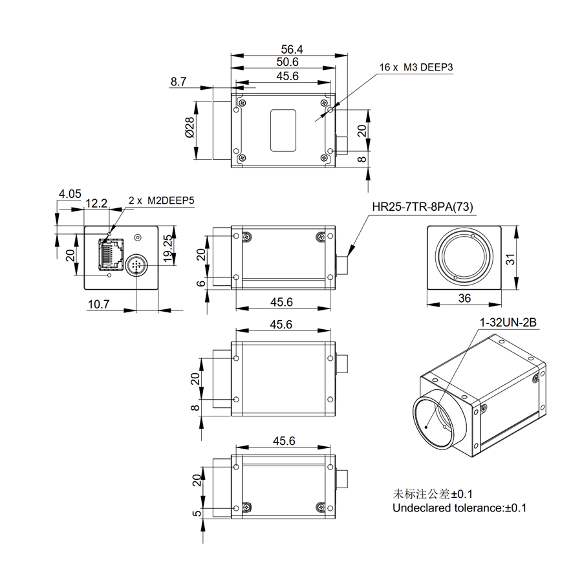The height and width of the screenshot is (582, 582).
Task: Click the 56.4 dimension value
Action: pos(292,48)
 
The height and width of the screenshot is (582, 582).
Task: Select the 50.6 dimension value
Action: pos(286,62)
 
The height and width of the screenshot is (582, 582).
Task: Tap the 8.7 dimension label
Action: pos(179,81)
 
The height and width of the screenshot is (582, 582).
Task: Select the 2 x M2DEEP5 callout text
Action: pos(162,201)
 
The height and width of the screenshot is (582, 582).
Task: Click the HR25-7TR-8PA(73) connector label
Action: pos(423,207)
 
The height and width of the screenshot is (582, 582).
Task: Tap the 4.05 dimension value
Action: pos(69,193)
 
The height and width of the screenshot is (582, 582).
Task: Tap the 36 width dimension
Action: pos(464,298)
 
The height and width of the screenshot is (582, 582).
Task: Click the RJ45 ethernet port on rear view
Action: pos(111,254)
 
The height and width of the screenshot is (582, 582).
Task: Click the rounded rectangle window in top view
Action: pos(283,130)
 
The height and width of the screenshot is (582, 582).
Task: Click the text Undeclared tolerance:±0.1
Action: pos(459,508)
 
